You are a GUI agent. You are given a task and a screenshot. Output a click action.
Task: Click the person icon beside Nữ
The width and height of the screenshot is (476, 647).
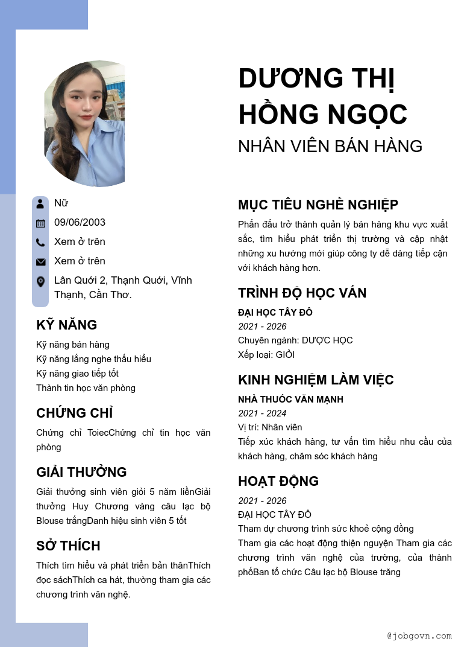(x=40, y=203)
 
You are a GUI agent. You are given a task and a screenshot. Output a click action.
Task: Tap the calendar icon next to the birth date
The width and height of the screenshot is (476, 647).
(x=40, y=223)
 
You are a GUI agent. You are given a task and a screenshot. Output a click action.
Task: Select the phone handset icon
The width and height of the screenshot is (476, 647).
(x=40, y=242)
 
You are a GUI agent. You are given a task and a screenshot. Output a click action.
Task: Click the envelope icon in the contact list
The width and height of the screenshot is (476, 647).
(x=40, y=261)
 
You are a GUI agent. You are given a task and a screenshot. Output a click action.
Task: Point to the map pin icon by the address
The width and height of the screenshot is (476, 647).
(x=40, y=281)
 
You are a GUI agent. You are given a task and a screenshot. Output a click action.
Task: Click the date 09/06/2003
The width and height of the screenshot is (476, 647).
(x=80, y=222)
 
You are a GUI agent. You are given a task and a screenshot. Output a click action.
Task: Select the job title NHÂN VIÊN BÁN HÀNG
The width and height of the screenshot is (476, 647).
(x=330, y=146)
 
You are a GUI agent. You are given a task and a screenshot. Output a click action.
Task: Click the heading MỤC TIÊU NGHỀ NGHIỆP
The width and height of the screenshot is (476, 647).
(x=318, y=205)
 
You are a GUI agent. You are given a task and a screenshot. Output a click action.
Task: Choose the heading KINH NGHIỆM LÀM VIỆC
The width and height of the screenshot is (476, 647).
(x=316, y=380)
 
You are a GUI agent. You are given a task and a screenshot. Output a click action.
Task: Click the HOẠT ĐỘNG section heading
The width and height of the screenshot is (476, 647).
(x=278, y=481)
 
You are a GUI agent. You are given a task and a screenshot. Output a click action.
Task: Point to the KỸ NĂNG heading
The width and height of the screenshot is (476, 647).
(x=66, y=325)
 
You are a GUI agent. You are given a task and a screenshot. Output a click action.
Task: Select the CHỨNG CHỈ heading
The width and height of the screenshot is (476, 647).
(x=75, y=413)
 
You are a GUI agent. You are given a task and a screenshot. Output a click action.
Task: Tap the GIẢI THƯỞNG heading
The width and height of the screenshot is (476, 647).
(x=81, y=472)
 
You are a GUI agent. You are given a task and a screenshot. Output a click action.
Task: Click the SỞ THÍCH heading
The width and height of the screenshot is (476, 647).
(x=68, y=546)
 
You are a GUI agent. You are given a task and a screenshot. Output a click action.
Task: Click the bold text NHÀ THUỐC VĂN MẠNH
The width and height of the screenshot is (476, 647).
(x=290, y=400)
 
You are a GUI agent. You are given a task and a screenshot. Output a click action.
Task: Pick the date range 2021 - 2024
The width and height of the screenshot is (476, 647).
(x=262, y=413)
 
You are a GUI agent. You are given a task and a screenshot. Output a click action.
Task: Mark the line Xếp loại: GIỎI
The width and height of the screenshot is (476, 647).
(x=266, y=355)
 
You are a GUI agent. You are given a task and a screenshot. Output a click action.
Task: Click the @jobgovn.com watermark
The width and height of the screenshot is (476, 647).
(x=419, y=636)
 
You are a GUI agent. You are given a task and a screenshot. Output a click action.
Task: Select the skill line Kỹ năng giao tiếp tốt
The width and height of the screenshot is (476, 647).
(x=77, y=374)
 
